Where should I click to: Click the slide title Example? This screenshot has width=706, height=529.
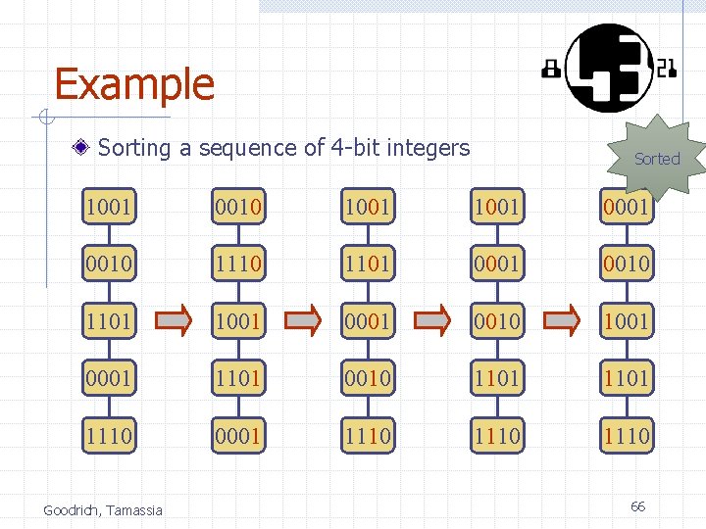pos(134,84)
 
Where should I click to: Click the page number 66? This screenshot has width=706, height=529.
pos(637,506)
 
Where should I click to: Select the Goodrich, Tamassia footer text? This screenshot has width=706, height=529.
pos(103,509)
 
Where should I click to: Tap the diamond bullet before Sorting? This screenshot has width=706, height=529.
pos(85,149)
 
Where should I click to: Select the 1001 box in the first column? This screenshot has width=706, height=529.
pos(108,207)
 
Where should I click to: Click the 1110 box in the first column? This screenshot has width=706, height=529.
pos(108,434)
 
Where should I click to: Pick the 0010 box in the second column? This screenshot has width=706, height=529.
pos(238,207)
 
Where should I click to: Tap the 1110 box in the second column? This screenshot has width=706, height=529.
pos(238,264)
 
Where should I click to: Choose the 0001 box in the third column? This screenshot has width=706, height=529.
pos(368,320)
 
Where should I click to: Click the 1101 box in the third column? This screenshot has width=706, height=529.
pos(368,264)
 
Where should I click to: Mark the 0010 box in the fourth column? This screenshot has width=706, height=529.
pos(497,320)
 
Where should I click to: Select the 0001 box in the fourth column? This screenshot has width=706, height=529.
pos(497,264)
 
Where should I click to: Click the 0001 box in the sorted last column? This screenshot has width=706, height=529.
pos(627,207)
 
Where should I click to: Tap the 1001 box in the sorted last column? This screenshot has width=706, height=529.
pos(627,320)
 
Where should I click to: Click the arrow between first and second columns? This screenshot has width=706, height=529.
pos(173,320)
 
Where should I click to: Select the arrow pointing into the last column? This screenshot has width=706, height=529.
pos(562,320)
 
